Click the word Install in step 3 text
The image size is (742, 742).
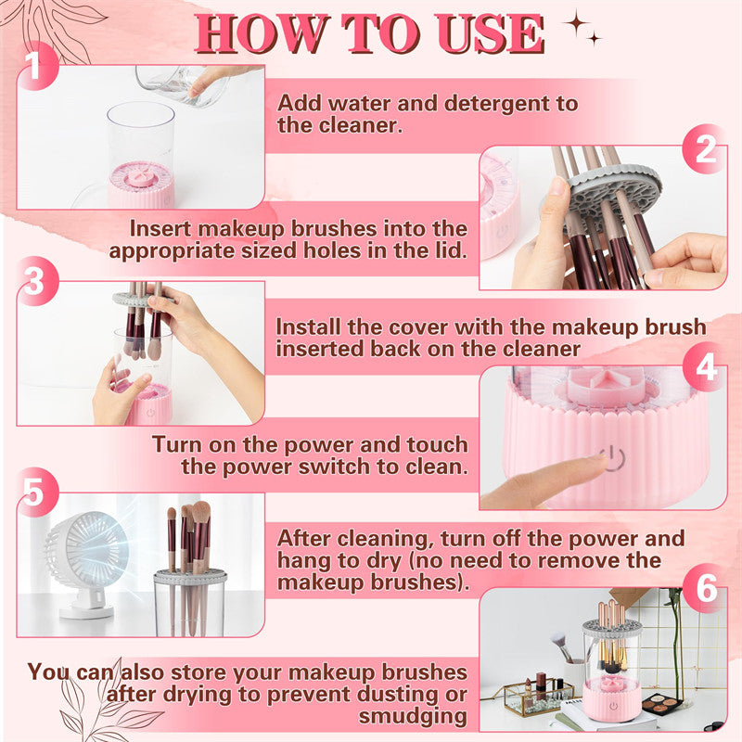(x=311, y=327)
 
